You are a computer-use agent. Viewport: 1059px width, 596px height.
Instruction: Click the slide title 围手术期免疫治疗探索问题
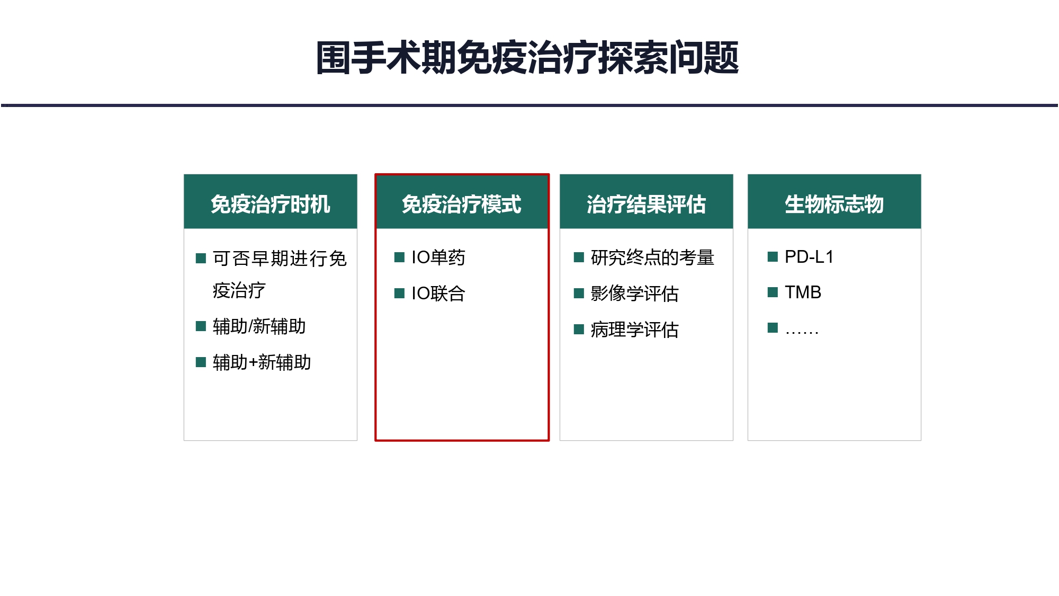click(x=527, y=57)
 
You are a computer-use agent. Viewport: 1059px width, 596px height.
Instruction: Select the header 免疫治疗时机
click(x=271, y=204)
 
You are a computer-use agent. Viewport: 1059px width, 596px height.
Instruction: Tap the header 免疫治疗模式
click(x=462, y=204)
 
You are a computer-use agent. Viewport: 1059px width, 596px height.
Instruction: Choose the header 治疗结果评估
click(x=647, y=204)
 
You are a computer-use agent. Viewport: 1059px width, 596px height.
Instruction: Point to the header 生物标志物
click(x=834, y=204)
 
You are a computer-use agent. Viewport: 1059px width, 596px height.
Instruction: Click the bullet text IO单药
click(x=438, y=257)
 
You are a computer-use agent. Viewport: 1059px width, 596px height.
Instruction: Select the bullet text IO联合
click(x=438, y=293)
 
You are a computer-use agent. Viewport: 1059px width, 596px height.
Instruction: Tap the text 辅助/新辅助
click(x=259, y=326)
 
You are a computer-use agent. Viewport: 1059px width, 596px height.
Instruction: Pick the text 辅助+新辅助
click(x=262, y=362)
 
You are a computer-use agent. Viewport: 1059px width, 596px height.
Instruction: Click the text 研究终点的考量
click(x=653, y=257)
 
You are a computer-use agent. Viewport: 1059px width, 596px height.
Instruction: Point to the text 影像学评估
click(x=635, y=293)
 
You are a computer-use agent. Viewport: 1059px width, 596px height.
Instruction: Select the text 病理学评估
click(x=635, y=330)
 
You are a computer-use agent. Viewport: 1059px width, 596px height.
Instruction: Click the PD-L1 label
click(x=809, y=257)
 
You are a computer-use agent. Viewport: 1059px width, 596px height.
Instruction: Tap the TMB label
click(x=803, y=292)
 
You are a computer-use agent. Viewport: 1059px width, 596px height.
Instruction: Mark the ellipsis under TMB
click(x=802, y=333)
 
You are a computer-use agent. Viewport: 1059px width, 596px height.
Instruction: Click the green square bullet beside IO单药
click(x=400, y=257)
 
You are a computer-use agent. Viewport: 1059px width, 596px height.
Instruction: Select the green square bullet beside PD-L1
click(x=773, y=257)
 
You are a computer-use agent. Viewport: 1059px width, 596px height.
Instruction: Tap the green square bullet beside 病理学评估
click(x=579, y=330)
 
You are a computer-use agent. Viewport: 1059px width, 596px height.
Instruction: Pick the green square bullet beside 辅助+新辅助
click(x=201, y=362)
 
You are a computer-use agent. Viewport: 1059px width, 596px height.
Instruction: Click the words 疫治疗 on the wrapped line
click(x=239, y=290)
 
